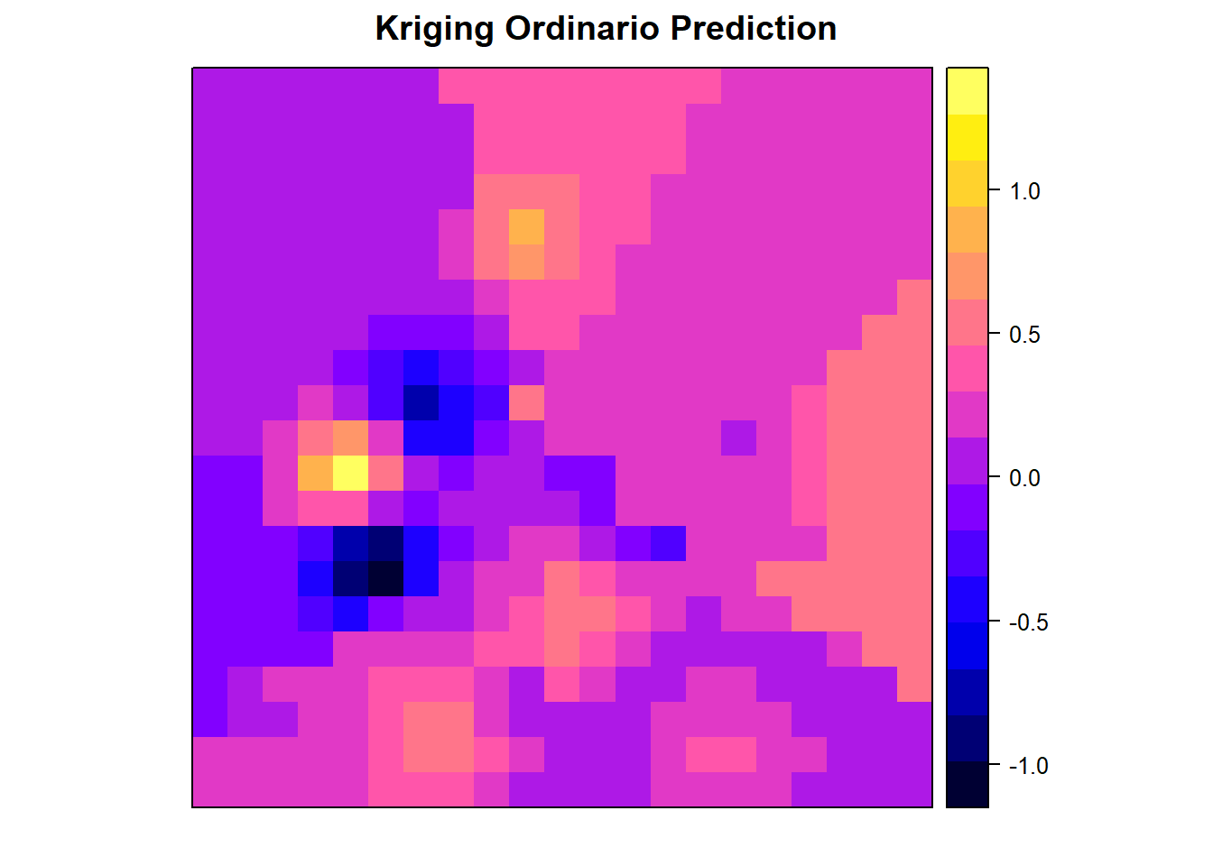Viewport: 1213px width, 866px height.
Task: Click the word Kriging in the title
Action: coord(434,29)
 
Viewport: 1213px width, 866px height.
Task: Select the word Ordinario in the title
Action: coord(581,28)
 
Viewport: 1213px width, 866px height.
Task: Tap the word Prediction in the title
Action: coord(754,28)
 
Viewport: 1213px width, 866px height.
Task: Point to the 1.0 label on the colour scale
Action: coord(1024,191)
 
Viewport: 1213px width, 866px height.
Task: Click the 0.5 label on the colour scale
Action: coord(1024,335)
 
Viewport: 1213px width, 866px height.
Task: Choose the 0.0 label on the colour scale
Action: coord(1024,478)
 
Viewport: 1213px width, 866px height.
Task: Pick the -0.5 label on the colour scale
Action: coord(1028,622)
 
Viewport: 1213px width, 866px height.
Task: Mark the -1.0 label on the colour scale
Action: coord(1028,766)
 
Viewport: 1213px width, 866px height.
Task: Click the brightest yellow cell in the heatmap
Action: coord(350,473)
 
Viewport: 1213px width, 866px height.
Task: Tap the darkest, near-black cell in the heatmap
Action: coord(385,578)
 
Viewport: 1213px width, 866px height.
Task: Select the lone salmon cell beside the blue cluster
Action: coord(526,402)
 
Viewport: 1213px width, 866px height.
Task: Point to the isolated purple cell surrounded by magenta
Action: coord(738,438)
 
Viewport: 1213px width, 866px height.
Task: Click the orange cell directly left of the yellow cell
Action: coord(315,473)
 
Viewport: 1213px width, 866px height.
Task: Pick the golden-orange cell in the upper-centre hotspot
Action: coord(526,226)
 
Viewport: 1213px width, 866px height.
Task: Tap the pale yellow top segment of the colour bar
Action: coord(968,91)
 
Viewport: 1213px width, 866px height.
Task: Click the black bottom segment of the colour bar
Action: coord(968,784)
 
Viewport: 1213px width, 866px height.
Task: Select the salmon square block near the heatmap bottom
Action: coord(439,737)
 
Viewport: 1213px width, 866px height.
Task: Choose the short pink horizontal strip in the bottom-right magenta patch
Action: coord(721,754)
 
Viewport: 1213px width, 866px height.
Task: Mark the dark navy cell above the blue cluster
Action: coord(421,402)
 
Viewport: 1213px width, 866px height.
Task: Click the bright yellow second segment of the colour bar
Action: coord(968,137)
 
